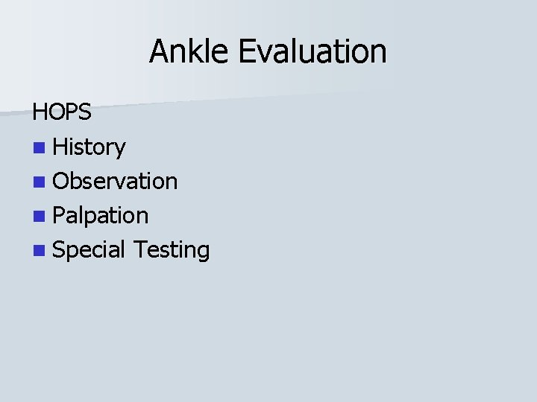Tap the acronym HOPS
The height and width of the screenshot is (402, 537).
point(62,112)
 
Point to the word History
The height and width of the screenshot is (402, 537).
point(89,147)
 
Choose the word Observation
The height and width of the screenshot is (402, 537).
point(116,181)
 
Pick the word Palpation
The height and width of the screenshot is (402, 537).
point(101,216)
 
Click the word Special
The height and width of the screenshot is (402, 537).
point(89,250)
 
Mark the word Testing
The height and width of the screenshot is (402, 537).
point(171,250)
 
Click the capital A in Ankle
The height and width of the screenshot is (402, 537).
point(159,51)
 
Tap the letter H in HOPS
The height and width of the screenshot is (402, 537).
point(40,112)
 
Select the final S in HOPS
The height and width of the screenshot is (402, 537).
point(85,112)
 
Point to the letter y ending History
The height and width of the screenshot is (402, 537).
point(120,150)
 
